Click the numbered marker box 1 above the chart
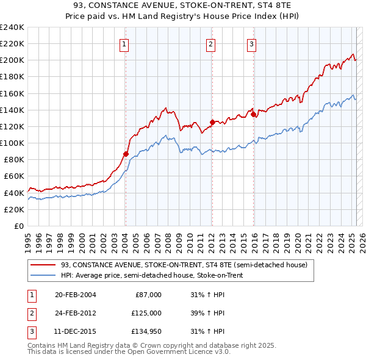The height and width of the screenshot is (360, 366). pyautogui.click(x=124, y=43)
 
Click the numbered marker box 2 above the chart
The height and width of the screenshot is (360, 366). pyautogui.click(x=210, y=43)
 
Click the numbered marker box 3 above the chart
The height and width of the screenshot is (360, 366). pyautogui.click(x=251, y=43)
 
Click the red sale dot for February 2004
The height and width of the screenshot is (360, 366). pyautogui.click(x=126, y=154)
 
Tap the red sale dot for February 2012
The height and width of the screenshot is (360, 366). pyautogui.click(x=212, y=122)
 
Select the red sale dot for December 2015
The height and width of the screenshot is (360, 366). pyautogui.click(x=253, y=114)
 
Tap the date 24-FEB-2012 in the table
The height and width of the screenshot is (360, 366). pyautogui.click(x=75, y=313)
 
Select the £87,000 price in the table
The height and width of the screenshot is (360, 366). pyautogui.click(x=148, y=295)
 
